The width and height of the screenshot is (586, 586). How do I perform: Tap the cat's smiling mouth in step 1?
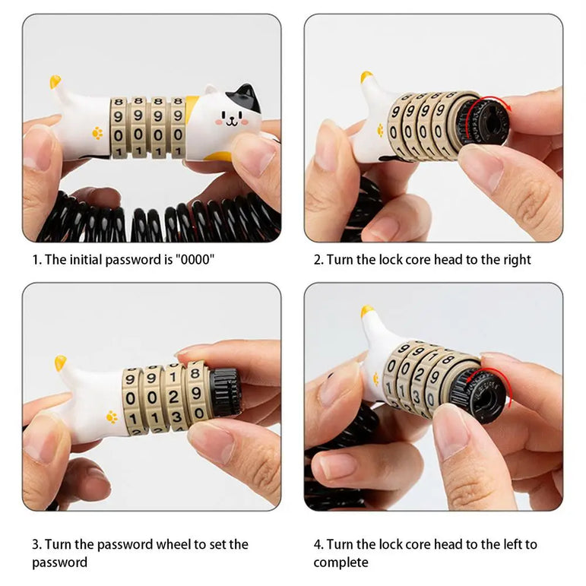(x=231, y=122)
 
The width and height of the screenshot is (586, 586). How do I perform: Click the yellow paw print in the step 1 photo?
(x=97, y=133)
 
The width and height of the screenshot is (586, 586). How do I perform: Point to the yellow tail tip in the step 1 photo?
(x=55, y=81)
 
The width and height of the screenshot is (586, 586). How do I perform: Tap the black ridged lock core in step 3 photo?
(x=225, y=392)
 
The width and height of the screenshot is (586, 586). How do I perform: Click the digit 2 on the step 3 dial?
(x=173, y=397)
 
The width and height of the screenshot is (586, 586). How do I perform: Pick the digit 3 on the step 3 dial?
(x=176, y=416)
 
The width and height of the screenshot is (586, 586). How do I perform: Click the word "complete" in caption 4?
(x=341, y=563)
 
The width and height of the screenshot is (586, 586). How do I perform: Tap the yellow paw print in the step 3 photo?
(x=112, y=417)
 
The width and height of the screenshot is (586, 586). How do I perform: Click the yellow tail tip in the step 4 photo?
(x=366, y=311)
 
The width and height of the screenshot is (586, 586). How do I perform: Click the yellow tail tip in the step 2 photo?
(x=366, y=77)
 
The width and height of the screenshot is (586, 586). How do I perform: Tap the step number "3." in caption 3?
(x=36, y=544)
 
